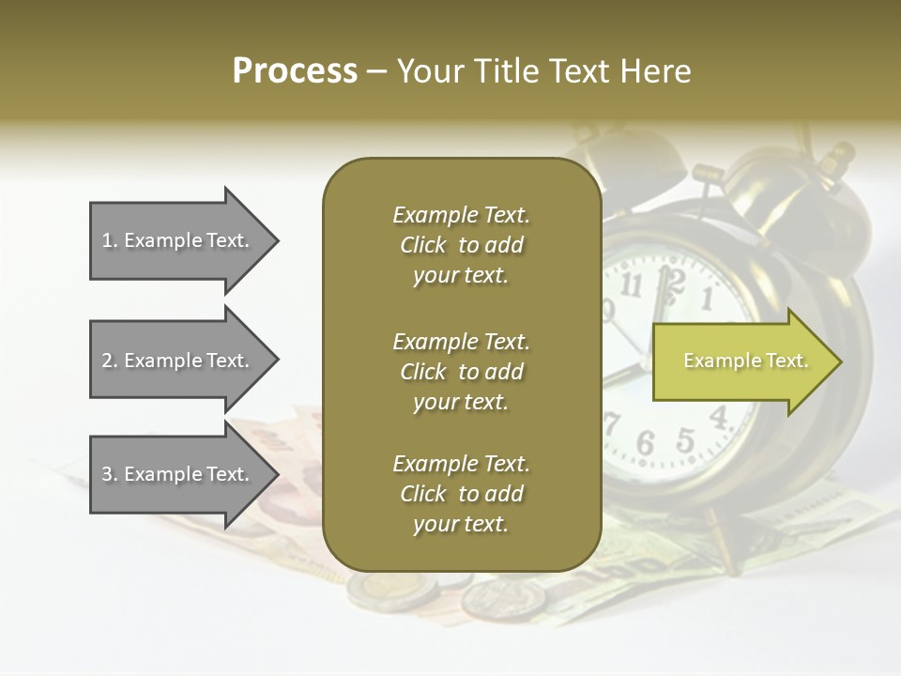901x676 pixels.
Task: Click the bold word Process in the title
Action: click(295, 71)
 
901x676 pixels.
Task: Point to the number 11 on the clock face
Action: click(631, 284)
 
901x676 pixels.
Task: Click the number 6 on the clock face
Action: click(645, 442)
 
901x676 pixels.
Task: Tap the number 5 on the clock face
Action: click(685, 438)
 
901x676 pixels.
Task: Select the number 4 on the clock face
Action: click(719, 416)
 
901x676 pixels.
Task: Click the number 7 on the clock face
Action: click(612, 422)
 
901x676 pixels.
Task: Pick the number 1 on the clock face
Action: click(707, 299)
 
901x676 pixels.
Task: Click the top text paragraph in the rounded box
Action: click(461, 245)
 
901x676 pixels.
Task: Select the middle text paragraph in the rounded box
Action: click(461, 372)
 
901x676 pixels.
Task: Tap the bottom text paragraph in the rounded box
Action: click(461, 494)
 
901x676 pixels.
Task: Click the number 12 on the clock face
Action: click(668, 279)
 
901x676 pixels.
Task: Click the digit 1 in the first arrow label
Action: click(106, 240)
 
